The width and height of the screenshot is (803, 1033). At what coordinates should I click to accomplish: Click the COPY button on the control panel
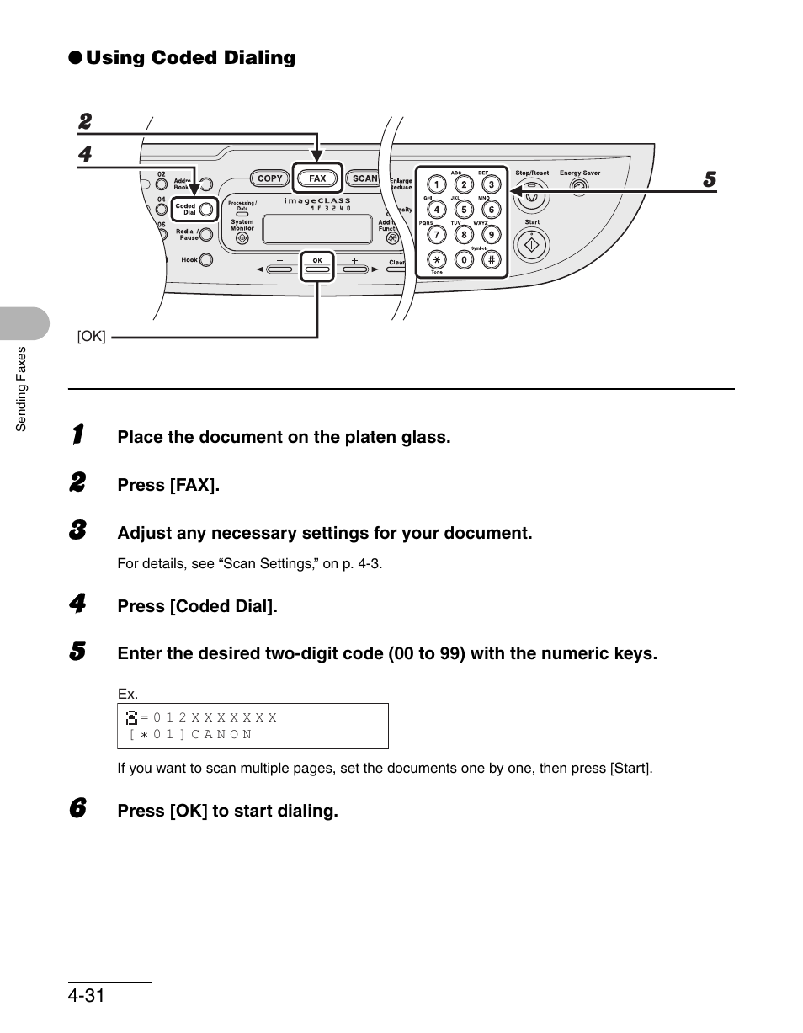pos(269,178)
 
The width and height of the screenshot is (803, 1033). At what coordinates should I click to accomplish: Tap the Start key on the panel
pos(532,245)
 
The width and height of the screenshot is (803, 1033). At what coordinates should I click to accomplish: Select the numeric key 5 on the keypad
pos(464,210)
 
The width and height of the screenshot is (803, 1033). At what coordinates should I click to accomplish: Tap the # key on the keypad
pos(492,259)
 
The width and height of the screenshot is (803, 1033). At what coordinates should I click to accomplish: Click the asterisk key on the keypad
pos(436,259)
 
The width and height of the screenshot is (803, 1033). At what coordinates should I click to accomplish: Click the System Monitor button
pos(242,238)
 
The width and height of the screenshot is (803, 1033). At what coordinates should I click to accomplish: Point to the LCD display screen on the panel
pos(317,228)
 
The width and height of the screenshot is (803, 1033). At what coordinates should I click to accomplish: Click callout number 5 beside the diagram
pos(710,180)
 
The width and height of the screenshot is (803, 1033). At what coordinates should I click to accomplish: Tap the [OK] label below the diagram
pos(91,337)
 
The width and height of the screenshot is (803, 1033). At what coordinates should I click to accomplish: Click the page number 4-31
pos(87,996)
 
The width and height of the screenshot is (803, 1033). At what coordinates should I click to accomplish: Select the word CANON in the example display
pos(221,734)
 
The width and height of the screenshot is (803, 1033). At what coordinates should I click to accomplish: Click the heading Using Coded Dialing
pos(190,57)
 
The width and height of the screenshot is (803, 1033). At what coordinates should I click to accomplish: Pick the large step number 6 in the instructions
pos(77,809)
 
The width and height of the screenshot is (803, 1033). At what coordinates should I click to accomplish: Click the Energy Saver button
pos(578,184)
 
